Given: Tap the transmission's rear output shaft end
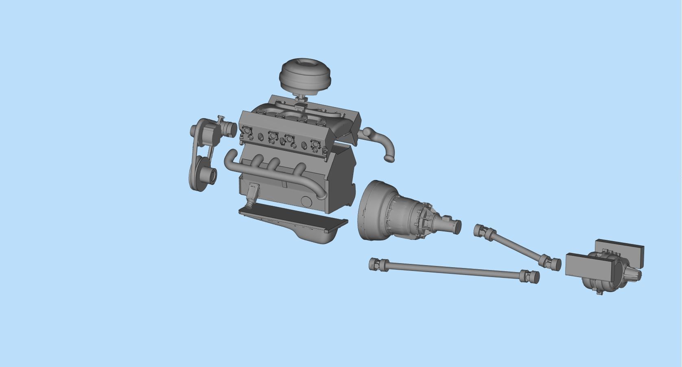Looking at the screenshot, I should coord(457,226).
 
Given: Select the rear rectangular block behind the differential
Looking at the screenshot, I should coord(621,248).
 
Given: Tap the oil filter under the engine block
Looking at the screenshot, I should coord(252,191).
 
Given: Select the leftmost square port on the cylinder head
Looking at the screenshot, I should coord(247,131).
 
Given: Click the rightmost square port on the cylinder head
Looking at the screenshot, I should coord(315,144).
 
